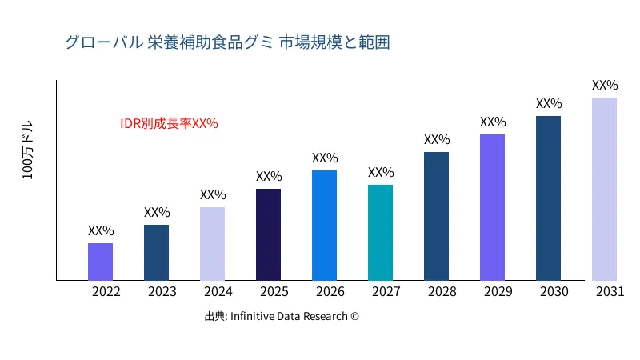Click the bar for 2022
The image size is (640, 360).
tap(100, 262)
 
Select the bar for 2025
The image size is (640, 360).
tap(268, 234)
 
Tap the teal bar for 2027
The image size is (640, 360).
tap(380, 233)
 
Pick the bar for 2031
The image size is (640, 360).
tap(604, 189)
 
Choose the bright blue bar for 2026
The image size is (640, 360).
tap(324, 226)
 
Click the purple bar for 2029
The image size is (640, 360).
tap(492, 207)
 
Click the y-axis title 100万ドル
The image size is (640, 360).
tap(28, 151)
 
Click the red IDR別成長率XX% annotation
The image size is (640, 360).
tap(169, 124)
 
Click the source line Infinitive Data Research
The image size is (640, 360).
tap(282, 317)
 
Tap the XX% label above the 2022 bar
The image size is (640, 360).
tap(101, 230)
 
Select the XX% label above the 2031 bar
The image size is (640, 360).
tap(605, 85)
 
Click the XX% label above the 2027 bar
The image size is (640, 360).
tap(381, 172)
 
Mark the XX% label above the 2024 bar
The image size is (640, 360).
tap(213, 194)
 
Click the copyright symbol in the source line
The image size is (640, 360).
tap(354, 317)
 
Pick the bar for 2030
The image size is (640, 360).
tap(548, 198)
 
